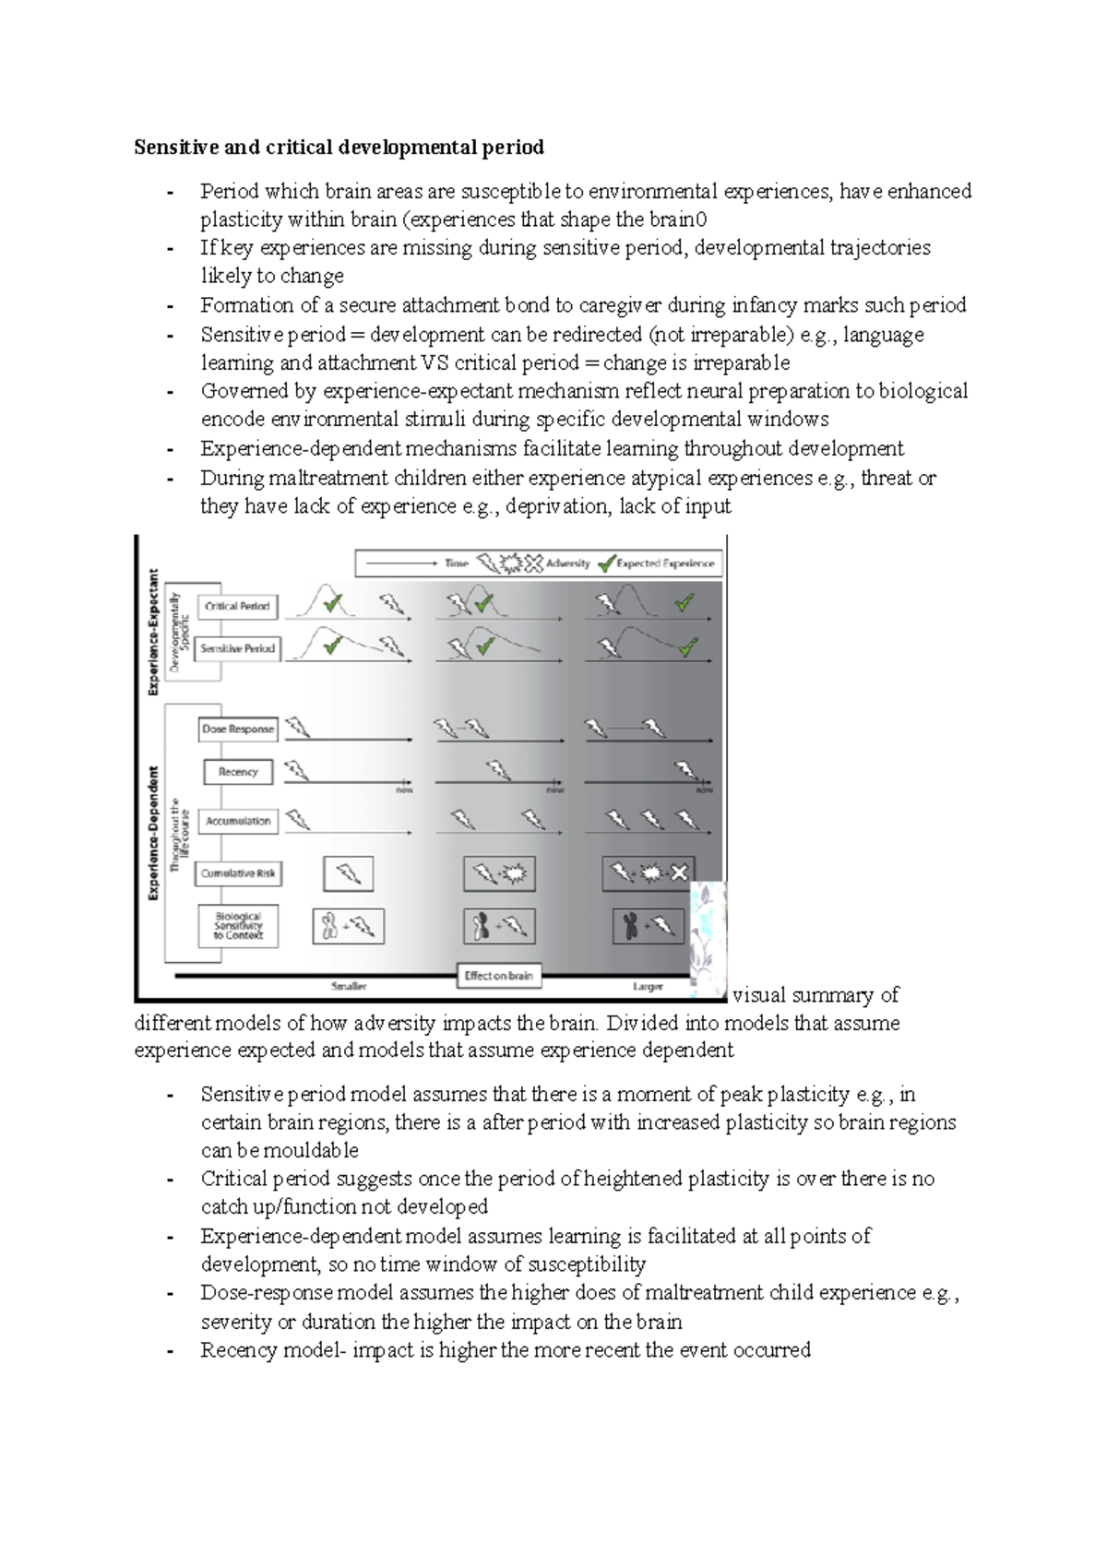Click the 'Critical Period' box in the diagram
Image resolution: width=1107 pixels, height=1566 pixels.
click(x=237, y=606)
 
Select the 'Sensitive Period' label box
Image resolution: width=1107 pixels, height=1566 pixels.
click(x=237, y=648)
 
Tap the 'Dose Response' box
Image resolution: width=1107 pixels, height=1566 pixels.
click(x=238, y=729)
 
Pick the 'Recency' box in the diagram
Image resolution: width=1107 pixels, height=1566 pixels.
click(x=238, y=772)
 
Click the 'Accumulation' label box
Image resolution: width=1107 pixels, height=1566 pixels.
click(x=238, y=821)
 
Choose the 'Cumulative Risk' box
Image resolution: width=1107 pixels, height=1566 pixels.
click(x=238, y=873)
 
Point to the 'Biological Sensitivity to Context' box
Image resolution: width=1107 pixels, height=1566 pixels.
click(x=238, y=926)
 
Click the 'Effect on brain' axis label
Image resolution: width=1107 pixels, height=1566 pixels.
click(x=498, y=976)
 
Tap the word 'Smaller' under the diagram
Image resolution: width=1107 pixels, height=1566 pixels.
click(x=349, y=987)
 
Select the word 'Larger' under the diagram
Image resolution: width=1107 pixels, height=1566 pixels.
click(x=648, y=987)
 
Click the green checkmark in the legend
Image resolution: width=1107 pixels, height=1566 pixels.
click(x=606, y=563)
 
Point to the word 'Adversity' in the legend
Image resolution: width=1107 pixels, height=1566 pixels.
click(x=568, y=564)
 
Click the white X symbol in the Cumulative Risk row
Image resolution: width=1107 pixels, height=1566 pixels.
click(x=680, y=872)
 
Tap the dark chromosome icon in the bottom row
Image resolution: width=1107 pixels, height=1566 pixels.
click(x=631, y=926)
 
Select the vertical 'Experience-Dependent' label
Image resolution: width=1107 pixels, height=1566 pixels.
click(x=153, y=833)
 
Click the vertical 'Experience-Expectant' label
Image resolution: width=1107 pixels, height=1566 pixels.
click(x=153, y=632)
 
